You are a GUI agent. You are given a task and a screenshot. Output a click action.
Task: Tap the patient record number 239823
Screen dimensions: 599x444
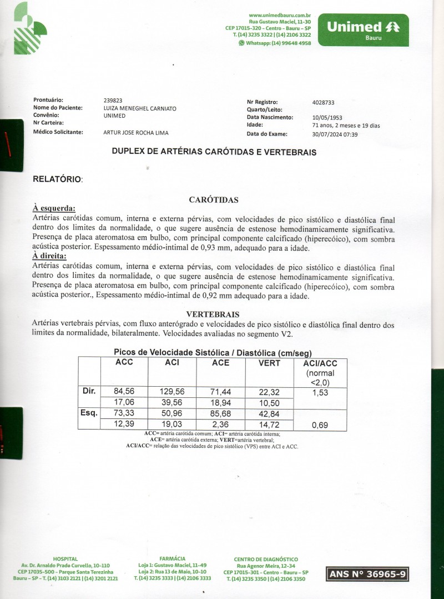pos(113,101)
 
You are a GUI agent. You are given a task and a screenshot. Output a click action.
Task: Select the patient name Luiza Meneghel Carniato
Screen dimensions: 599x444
pos(140,108)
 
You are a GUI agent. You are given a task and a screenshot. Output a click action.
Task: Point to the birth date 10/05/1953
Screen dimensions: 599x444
pos(327,118)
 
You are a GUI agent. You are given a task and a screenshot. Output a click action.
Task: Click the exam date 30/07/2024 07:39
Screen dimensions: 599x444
pos(335,134)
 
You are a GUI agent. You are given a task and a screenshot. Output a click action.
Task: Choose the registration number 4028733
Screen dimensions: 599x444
pos(324,102)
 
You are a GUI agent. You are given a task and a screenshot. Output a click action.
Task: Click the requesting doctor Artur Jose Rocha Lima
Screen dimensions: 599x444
pos(136,132)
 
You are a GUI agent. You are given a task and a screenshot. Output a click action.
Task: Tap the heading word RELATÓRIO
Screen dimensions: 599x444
pos(58,179)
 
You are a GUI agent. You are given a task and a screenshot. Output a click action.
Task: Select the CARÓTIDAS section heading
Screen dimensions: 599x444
pos(214,199)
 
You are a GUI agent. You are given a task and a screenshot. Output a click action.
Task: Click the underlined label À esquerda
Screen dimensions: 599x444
pos(54,208)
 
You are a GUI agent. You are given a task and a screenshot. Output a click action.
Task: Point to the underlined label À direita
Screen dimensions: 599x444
pos(49,256)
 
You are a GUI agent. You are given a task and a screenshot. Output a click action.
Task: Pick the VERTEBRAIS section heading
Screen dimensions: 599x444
pos(213,314)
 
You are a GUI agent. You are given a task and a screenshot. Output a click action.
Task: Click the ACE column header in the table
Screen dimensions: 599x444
pos(220,363)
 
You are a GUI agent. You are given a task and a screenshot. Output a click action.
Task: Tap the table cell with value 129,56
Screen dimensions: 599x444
pos(172,392)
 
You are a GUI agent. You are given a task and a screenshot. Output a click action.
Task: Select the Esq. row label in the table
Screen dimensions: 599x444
pos(89,413)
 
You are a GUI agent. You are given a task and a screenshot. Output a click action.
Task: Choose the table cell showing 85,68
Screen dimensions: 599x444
pos(220,413)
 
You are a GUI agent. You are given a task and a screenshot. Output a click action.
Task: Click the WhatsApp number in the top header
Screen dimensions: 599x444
pos(278,43)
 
